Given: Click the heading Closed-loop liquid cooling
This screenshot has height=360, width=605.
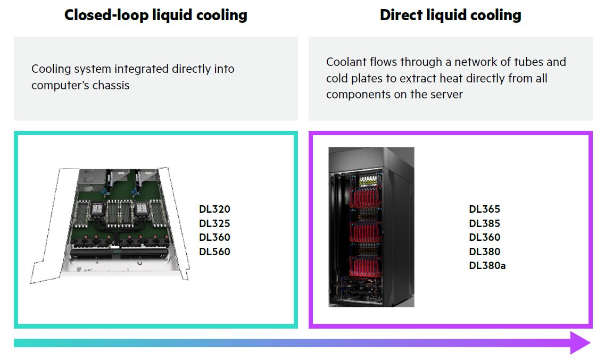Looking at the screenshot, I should point(155,15).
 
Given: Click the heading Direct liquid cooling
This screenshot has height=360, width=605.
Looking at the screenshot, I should point(450,15).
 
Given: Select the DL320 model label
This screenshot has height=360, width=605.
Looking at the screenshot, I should point(214,210).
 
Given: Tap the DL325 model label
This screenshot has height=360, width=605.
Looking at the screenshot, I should point(214,223).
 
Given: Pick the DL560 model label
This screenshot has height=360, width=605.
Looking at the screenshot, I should point(214,252).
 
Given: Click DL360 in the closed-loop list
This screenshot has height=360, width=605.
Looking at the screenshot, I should point(214,237).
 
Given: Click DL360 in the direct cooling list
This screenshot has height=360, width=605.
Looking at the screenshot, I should point(484,237).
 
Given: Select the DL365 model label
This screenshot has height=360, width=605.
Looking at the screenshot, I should point(484,210).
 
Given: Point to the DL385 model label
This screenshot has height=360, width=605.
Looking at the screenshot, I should point(484,223).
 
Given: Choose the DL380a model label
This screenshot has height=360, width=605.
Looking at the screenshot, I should point(487,265).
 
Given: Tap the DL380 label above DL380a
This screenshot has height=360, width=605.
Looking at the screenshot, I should point(484,252).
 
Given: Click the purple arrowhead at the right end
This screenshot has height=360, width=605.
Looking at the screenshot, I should point(581,343).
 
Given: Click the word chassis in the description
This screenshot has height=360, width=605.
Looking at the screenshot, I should point(111,85).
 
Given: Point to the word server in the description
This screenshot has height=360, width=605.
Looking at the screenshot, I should point(446,95).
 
